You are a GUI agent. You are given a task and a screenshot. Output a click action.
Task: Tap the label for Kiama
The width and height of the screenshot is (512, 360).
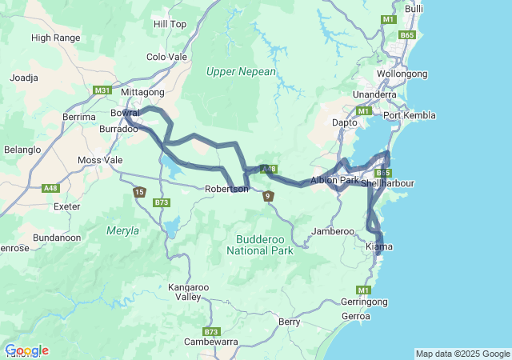pos(378,246)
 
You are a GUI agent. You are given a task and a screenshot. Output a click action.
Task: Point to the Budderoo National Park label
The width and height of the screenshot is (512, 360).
pos(260,245)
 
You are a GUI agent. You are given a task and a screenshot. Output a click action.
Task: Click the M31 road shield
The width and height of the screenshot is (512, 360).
pos(102,90)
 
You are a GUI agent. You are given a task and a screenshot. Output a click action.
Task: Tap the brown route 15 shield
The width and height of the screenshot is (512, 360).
pos(139,192)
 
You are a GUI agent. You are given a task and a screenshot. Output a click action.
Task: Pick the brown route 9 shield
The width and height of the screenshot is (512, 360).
pos(268,196)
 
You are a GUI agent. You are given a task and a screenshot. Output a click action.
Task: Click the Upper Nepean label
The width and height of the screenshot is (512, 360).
pos(241,71)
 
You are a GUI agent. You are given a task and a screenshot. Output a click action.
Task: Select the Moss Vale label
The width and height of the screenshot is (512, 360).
pos(101,160)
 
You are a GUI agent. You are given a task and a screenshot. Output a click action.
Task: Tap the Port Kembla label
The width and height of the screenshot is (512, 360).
pos(410,115)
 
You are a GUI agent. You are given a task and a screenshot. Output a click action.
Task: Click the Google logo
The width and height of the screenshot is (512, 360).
pos(26,350)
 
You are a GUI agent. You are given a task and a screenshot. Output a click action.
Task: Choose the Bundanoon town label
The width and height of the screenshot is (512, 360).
pos(58,238)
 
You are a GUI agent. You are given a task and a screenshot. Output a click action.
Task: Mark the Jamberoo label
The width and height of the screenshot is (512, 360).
pos(333,231)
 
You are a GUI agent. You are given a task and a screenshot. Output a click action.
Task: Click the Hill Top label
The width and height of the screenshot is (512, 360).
pos(170,24)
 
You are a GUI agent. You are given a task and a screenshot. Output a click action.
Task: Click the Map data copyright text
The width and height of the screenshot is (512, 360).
pos(462,354)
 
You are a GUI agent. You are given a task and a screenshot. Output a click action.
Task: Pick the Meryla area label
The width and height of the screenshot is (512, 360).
pos(122,230)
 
